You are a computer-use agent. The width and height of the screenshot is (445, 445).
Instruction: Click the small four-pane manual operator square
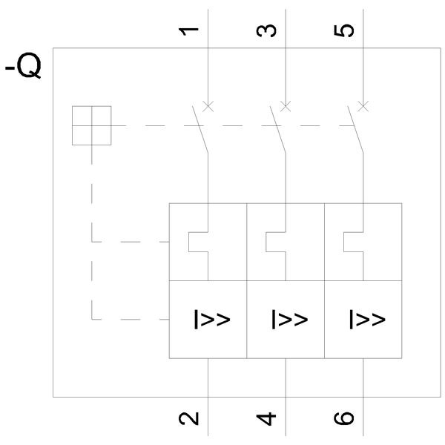click(x=91, y=125)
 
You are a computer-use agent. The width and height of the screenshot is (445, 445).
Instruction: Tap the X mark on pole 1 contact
click(x=208, y=105)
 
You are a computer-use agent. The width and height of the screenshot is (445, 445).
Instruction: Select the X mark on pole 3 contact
click(x=286, y=105)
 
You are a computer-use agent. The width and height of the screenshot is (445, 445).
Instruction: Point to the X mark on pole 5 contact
click(x=363, y=105)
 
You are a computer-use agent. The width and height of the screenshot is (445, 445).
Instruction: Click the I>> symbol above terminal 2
click(x=212, y=319)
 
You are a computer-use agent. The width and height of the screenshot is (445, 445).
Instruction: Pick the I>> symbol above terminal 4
click(x=290, y=319)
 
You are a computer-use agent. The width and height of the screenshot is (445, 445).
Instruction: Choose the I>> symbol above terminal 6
click(x=367, y=319)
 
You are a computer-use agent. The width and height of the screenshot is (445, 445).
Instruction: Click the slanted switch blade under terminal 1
click(x=200, y=131)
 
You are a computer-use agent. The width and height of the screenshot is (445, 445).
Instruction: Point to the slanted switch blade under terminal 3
click(x=278, y=131)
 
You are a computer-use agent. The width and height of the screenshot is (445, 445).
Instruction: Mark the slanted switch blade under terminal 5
click(x=355, y=131)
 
